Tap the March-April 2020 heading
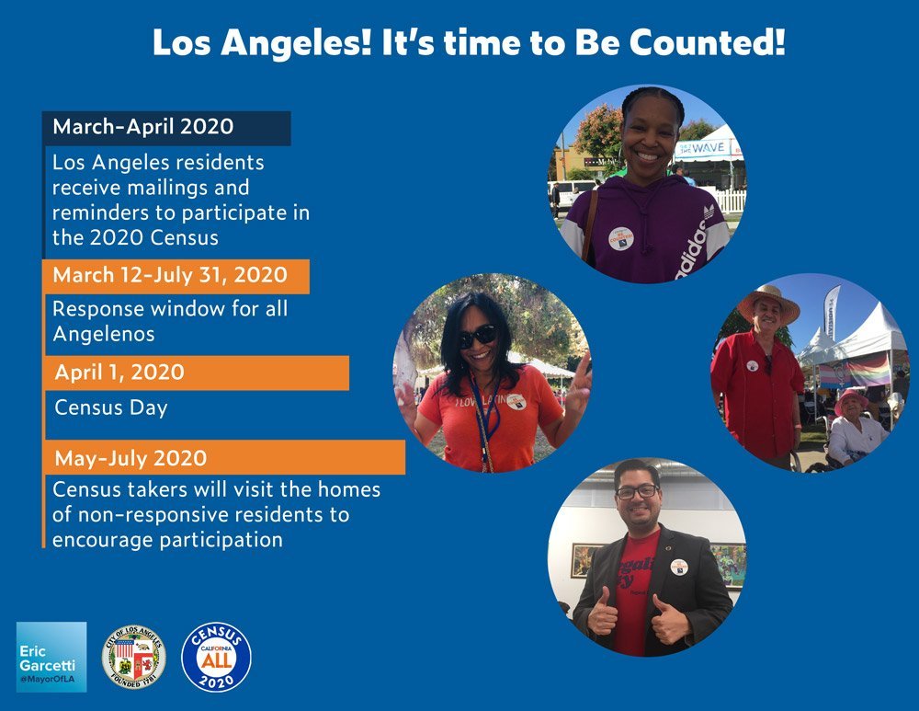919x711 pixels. (x=142, y=127)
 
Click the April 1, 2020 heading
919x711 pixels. (x=119, y=373)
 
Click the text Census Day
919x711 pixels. (x=111, y=407)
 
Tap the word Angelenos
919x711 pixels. (x=103, y=334)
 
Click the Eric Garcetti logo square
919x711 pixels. (x=51, y=657)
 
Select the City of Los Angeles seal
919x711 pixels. (x=134, y=657)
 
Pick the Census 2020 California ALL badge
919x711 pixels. (x=216, y=657)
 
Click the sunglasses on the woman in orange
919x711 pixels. (x=478, y=336)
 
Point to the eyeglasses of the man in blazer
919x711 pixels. (x=636, y=491)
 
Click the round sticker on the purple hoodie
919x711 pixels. (x=620, y=238)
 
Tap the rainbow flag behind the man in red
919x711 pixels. (x=868, y=369)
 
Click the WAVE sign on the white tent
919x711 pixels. (x=707, y=146)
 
